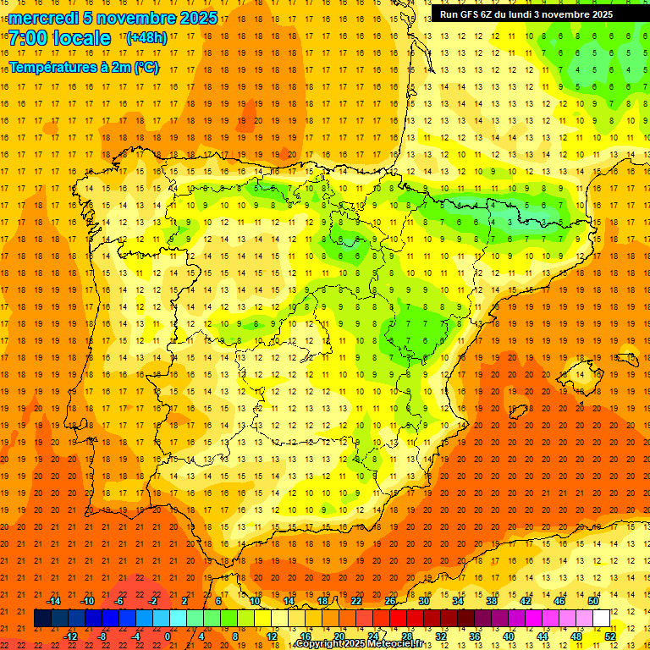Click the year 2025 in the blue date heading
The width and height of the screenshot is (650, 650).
pyautogui.click(x=197, y=18)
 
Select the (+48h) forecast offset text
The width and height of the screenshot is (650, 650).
pyautogui.click(x=146, y=38)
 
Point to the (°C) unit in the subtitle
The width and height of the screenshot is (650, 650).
pyautogui.click(x=146, y=68)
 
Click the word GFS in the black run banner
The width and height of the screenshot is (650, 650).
pyautogui.click(x=471, y=14)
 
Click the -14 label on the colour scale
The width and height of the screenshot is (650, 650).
pyautogui.click(x=53, y=601)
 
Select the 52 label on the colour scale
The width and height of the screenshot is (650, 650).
pyautogui.click(x=610, y=636)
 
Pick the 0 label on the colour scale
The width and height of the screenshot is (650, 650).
pyautogui.click(x=167, y=636)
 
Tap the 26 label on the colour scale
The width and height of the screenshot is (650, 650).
pyautogui.click(x=390, y=601)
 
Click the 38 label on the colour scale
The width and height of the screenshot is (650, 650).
pyautogui.click(x=492, y=601)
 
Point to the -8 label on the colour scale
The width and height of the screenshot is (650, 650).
pyautogui.click(x=102, y=636)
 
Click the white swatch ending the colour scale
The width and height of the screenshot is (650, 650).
pyautogui.click(x=602, y=618)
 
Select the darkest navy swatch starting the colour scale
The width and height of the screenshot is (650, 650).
pyautogui.click(x=43, y=618)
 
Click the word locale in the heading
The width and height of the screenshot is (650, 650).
pyautogui.click(x=80, y=38)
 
